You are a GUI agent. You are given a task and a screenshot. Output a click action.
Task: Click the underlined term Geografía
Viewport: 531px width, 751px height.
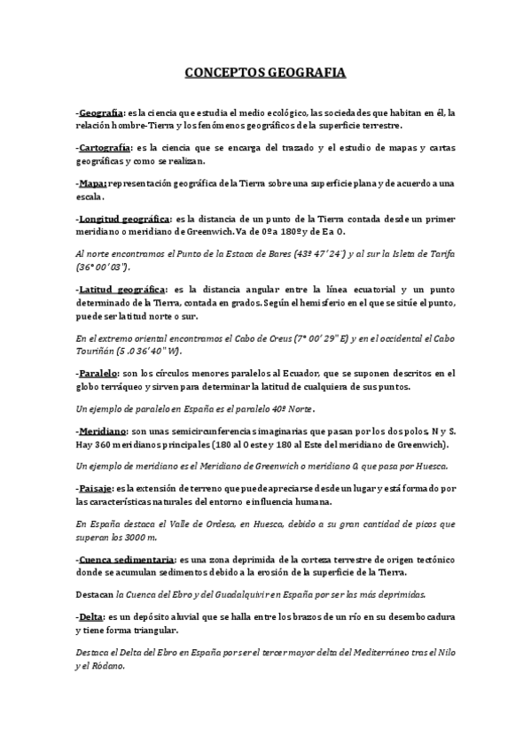[x=101, y=113]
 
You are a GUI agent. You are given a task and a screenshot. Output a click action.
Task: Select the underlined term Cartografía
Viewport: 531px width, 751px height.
[x=105, y=146]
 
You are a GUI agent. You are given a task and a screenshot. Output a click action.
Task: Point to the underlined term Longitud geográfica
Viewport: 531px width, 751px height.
[x=124, y=218]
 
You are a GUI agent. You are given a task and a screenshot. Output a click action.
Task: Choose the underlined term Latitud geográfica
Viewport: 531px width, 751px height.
[x=120, y=290]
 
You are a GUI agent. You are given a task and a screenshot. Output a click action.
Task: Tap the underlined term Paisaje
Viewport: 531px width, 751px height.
[x=96, y=488]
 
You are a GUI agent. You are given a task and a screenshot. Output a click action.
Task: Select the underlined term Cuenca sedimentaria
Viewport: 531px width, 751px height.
[x=127, y=560]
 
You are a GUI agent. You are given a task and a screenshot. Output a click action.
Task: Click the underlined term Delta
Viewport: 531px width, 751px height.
[x=90, y=617]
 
